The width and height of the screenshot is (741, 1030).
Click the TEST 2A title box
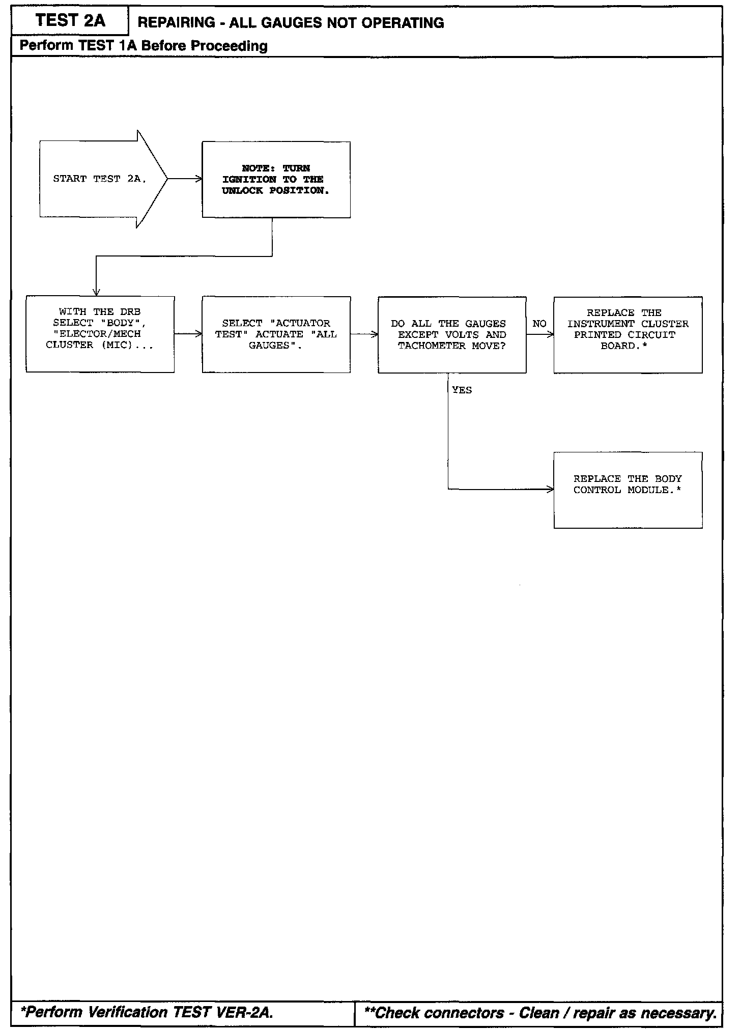[x=70, y=21]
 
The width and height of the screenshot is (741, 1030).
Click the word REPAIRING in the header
[x=177, y=23]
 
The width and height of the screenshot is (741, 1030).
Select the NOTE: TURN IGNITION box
[x=276, y=180]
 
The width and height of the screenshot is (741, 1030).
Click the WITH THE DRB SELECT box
[x=100, y=334]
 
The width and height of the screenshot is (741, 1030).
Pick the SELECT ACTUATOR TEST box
[x=276, y=334]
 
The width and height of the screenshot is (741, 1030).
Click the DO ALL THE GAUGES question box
[x=452, y=334]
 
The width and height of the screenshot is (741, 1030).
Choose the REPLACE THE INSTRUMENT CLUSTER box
[x=628, y=334]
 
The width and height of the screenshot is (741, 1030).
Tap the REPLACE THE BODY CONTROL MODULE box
[x=628, y=490]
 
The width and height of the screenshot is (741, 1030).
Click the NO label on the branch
[x=539, y=324]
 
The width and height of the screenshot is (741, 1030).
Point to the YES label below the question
[x=462, y=390]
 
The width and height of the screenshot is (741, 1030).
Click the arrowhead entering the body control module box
[x=550, y=490]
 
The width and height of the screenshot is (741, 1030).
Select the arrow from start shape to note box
[x=185, y=179]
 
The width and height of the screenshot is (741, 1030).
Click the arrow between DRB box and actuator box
[x=188, y=334]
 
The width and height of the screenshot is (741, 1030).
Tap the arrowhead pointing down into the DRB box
[x=96, y=292]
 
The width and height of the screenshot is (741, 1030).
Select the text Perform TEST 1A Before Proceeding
[x=144, y=46]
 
